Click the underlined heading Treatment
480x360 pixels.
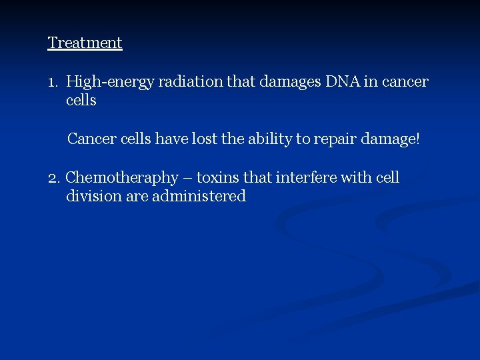(85, 43)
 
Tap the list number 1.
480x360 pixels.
(53, 82)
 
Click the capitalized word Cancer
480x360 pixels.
(91, 139)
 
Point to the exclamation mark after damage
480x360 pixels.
(418, 139)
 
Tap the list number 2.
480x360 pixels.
(54, 178)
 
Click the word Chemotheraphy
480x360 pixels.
(123, 178)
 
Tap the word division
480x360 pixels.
(93, 196)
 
